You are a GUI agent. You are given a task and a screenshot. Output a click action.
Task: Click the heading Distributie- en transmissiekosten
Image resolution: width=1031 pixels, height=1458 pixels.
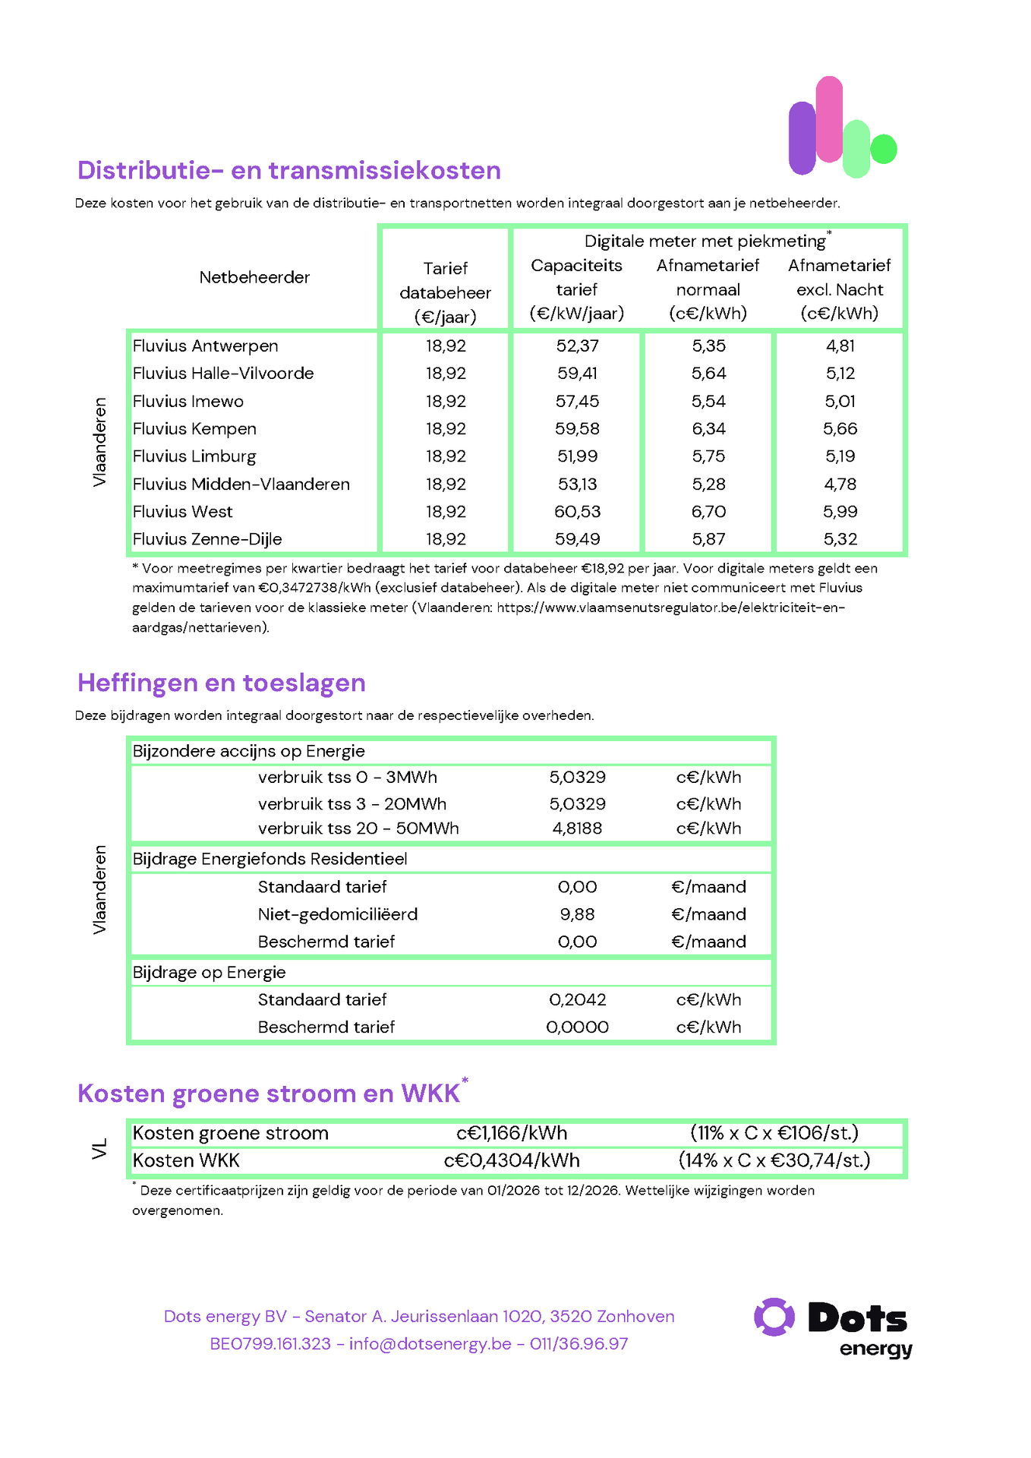click(289, 170)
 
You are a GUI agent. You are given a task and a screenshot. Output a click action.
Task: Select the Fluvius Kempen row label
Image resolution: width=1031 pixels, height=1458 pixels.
click(194, 429)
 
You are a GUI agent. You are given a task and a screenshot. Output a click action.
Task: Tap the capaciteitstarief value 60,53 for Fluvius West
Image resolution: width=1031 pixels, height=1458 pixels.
click(577, 512)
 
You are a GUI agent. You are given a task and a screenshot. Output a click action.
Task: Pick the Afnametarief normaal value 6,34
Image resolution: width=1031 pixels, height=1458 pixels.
click(708, 429)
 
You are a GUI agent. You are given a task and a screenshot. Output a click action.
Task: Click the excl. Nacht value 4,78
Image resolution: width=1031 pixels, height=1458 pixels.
click(840, 484)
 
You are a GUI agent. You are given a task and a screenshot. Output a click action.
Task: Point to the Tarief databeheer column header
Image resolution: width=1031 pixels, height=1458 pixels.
click(446, 292)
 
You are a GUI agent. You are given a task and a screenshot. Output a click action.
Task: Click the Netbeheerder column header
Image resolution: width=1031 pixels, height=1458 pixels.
click(254, 277)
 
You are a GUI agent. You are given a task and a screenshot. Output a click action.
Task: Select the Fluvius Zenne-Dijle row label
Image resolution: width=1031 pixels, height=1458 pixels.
click(207, 539)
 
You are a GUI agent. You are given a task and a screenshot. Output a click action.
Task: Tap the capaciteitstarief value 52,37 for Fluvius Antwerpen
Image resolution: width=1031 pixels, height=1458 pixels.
click(577, 346)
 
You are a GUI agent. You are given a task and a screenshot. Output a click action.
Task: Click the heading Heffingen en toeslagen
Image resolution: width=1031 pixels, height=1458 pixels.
click(222, 683)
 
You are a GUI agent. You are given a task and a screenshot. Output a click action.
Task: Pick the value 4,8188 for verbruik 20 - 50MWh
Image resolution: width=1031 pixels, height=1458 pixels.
click(577, 828)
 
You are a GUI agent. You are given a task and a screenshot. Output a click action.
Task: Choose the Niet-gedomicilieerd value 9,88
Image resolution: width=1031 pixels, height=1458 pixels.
click(577, 914)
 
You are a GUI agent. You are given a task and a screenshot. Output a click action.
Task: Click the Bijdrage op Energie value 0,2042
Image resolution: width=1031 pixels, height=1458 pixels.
click(577, 1000)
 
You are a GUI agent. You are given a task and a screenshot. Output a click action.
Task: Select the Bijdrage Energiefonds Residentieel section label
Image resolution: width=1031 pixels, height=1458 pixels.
click(270, 859)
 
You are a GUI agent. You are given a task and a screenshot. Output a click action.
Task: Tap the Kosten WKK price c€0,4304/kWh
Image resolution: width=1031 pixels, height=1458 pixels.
click(512, 1161)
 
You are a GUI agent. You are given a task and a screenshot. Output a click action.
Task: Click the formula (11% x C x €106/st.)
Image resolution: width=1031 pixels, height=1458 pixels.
click(774, 1134)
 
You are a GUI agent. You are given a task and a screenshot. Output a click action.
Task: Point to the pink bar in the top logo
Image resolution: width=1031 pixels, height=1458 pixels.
click(829, 119)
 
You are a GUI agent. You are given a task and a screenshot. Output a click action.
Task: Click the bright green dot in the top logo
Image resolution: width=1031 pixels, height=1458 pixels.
click(884, 149)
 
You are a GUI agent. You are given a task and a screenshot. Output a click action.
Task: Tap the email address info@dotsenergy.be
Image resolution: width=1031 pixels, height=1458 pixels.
click(430, 1343)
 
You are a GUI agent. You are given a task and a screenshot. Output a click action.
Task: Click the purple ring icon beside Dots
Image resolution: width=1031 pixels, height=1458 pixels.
click(774, 1318)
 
